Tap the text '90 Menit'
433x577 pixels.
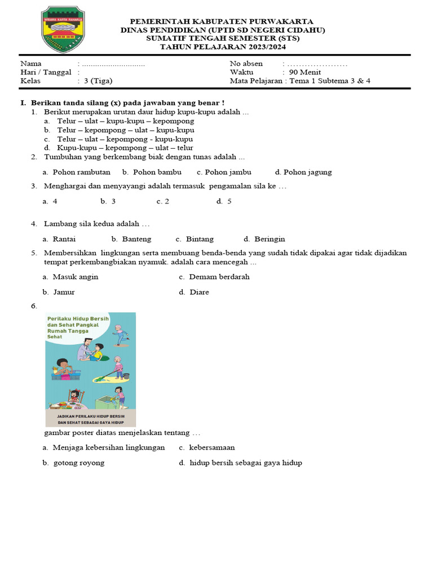(x=305, y=72)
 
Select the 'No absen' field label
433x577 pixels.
(x=246, y=64)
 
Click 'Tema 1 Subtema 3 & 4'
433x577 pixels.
(x=330, y=81)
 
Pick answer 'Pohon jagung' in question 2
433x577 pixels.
(x=307, y=172)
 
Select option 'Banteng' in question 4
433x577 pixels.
(x=136, y=239)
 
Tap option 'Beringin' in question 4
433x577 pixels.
(x=269, y=239)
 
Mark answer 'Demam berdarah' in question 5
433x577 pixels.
(x=219, y=277)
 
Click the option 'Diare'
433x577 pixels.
(x=199, y=292)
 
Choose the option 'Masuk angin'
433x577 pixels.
(x=75, y=277)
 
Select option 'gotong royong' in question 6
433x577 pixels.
(x=78, y=463)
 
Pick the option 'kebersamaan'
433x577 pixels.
(x=211, y=447)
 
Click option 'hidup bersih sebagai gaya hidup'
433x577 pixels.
(x=245, y=463)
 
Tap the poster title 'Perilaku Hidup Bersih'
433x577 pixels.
(x=78, y=319)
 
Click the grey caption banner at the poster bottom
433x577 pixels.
(x=90, y=418)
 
